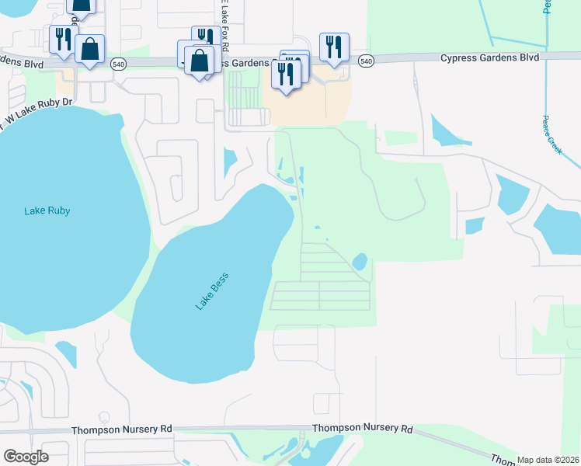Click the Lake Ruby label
(x=47, y=210)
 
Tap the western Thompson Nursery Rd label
(x=122, y=429)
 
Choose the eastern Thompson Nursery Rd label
(x=362, y=428)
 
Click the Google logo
(x=26, y=457)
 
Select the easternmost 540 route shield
(x=367, y=61)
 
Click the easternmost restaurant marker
(x=333, y=46)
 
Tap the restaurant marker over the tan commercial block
(x=285, y=75)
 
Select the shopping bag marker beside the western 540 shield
(x=90, y=50)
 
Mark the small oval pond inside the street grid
(x=360, y=262)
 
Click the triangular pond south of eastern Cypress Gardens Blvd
(x=444, y=132)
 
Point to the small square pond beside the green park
(x=474, y=226)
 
